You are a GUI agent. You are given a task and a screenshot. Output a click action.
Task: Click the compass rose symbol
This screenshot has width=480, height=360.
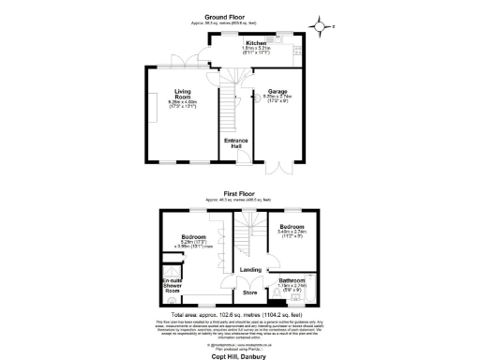pos(323,25)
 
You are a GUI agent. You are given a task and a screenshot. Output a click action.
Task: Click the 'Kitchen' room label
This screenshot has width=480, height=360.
pos(256,44)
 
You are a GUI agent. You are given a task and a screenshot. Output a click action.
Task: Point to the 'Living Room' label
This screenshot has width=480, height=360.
pos(182,93)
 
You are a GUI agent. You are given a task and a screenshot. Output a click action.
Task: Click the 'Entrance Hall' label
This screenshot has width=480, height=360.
pos(234,142)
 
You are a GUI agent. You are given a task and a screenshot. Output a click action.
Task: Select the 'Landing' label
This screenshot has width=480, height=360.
pos(250,270)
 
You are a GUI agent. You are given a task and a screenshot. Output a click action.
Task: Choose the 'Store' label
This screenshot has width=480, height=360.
pos(250,293)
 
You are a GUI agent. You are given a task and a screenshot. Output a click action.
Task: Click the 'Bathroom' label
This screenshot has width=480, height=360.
pos(284,280)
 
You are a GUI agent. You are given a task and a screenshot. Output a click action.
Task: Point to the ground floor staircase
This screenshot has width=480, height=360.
pos(227,112)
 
